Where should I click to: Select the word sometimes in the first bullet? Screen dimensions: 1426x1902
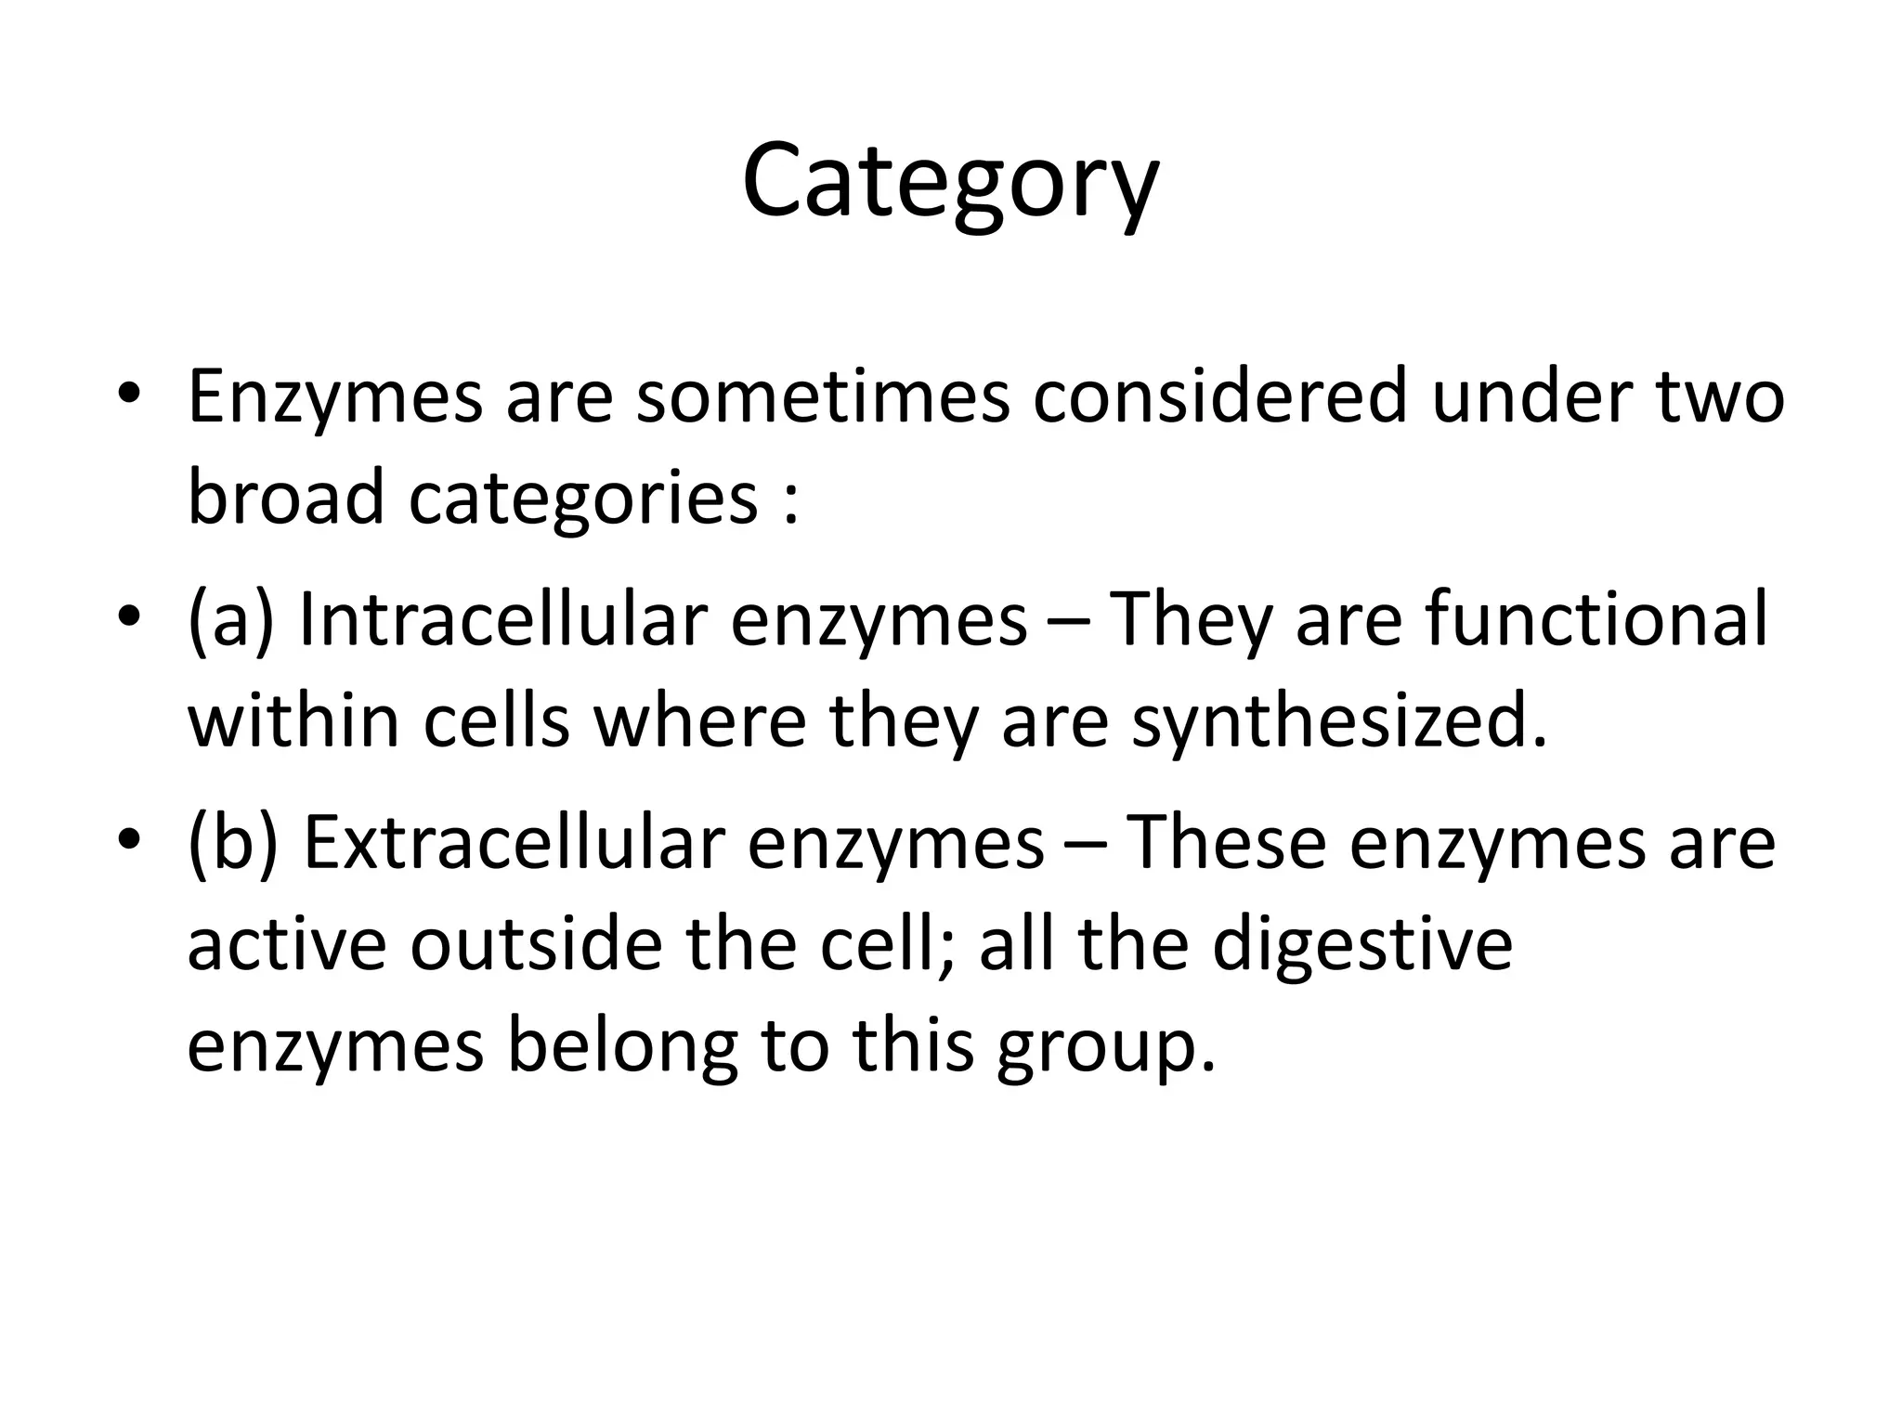(x=822, y=396)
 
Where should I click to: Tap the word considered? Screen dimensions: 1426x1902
(x=1219, y=396)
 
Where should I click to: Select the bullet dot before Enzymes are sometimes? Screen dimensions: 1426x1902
(x=129, y=393)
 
